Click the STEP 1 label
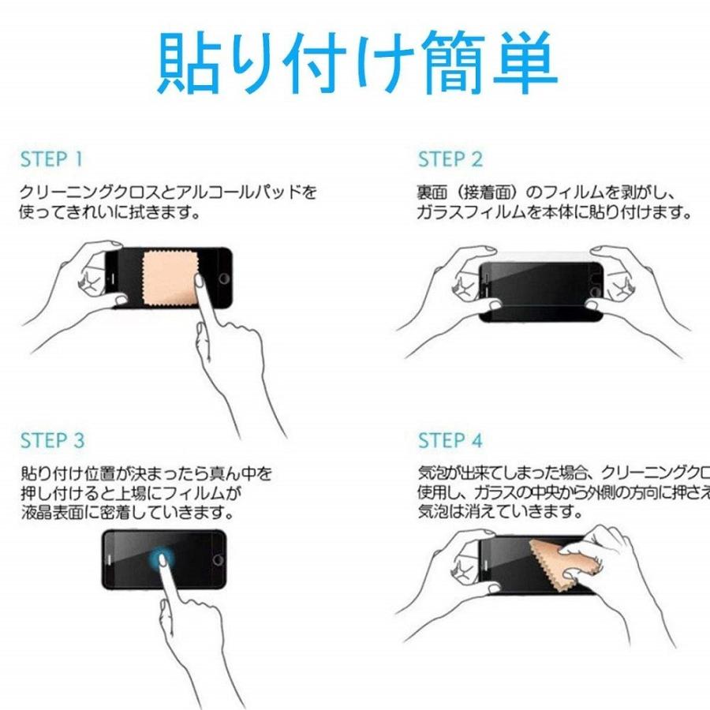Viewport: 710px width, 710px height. [x=51, y=159]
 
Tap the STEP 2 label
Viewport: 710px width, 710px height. [x=450, y=159]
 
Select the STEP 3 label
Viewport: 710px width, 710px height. [x=52, y=440]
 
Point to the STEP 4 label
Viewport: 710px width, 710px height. [x=450, y=440]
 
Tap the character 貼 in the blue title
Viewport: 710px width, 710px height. [x=189, y=63]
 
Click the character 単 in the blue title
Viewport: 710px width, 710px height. [x=525, y=63]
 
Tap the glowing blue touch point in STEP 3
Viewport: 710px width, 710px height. [x=163, y=559]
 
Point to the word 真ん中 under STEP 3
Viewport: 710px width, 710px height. [x=224, y=473]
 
